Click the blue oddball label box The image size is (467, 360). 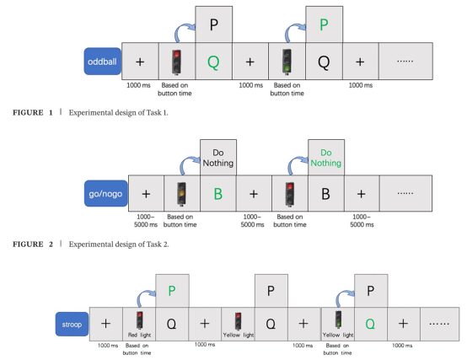[103, 62]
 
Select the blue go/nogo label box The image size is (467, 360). [105, 194]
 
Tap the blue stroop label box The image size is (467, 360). [72, 324]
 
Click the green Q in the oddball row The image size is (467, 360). [213, 62]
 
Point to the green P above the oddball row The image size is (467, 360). [324, 24]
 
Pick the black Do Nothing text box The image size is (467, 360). [218, 158]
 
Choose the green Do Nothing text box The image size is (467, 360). [326, 158]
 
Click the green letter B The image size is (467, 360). [218, 194]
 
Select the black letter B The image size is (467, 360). [325, 194]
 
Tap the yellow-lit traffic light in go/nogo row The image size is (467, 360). [182, 194]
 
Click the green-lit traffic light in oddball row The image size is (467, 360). [287, 62]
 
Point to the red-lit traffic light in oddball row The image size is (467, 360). [177, 62]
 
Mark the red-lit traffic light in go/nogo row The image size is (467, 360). [290, 194]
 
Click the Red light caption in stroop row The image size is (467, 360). [139, 335]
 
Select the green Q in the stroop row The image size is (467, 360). [370, 324]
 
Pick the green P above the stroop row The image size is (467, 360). [172, 291]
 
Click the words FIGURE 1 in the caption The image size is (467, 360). [33, 113]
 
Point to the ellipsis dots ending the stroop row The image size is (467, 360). [439, 324]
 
